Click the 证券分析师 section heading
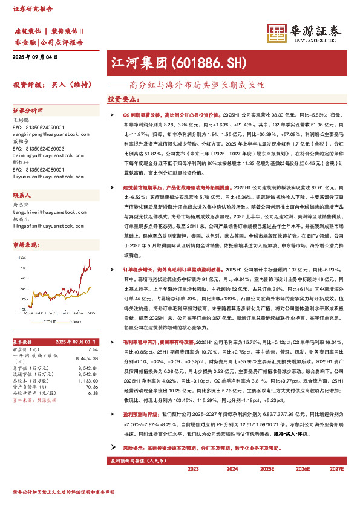point(28,111)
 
